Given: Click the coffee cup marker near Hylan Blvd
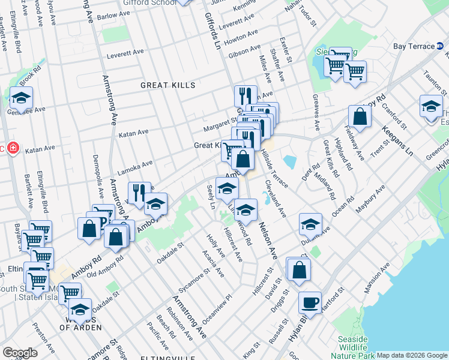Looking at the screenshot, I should (x=310, y=302).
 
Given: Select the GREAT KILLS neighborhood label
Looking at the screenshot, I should (x=168, y=85).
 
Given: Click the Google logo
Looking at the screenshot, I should (x=20, y=353).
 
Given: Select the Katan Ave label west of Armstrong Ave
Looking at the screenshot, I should (x=40, y=148).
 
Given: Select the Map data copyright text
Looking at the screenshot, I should (x=412, y=355).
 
